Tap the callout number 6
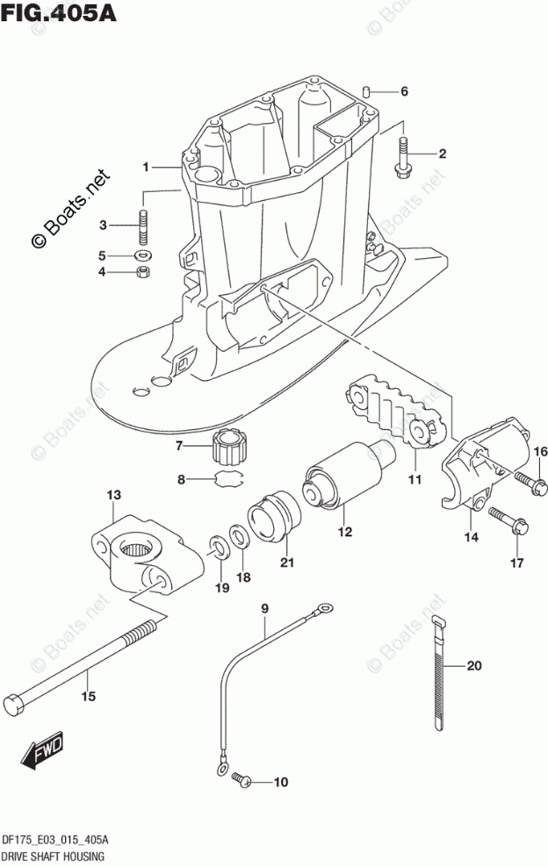coord(404,91)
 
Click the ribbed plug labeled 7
coord(230,447)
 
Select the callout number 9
coord(263,609)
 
